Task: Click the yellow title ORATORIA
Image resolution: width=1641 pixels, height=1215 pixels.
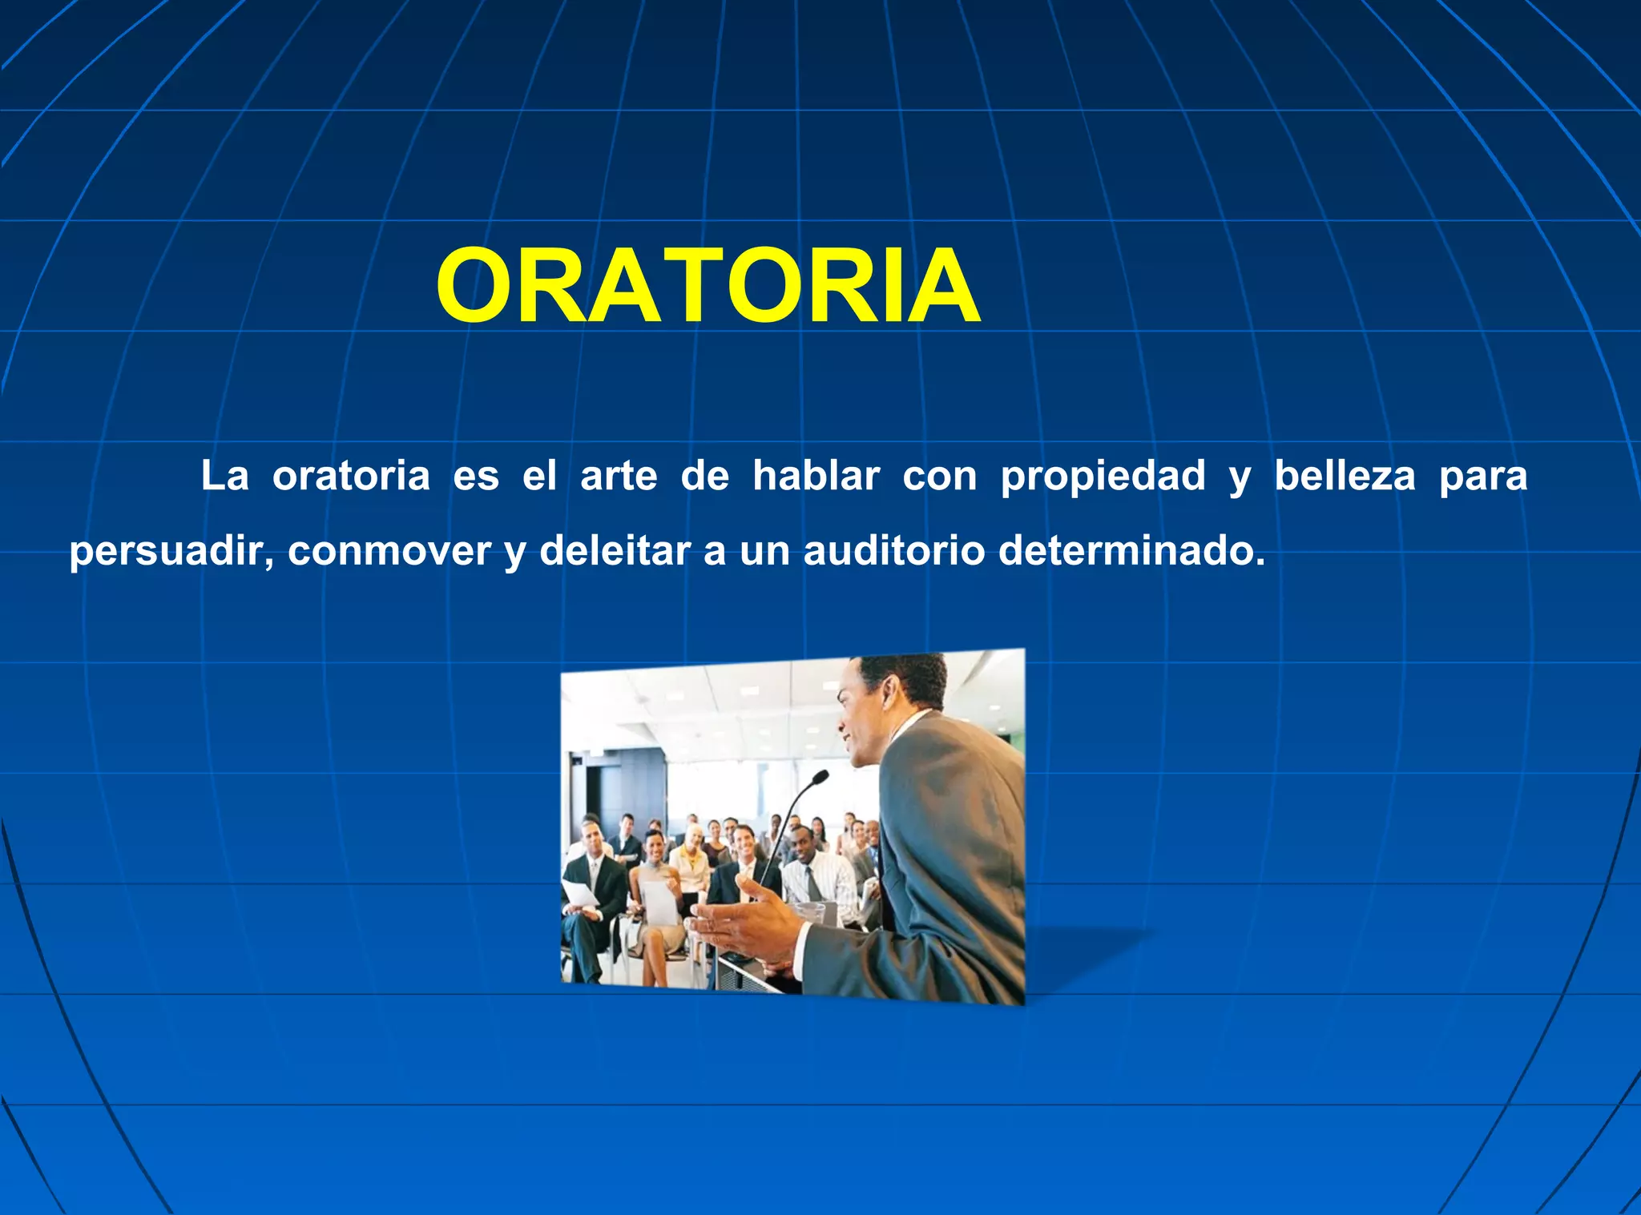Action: point(708,287)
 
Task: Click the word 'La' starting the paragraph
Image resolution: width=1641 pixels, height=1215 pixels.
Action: point(224,477)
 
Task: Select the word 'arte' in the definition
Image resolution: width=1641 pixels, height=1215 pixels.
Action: point(619,477)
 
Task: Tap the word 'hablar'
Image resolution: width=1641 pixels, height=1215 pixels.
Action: point(816,477)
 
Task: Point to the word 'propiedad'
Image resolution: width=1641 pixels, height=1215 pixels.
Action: point(1103,477)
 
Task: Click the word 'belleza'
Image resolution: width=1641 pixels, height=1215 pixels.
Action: point(1345,477)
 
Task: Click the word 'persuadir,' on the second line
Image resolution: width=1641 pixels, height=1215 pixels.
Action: point(171,553)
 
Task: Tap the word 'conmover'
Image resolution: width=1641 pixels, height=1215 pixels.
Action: point(389,552)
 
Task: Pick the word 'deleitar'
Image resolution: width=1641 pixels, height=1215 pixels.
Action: point(615,552)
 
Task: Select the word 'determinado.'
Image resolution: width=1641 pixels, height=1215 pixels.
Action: point(1131,552)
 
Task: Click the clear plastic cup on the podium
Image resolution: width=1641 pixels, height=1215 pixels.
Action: point(811,911)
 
